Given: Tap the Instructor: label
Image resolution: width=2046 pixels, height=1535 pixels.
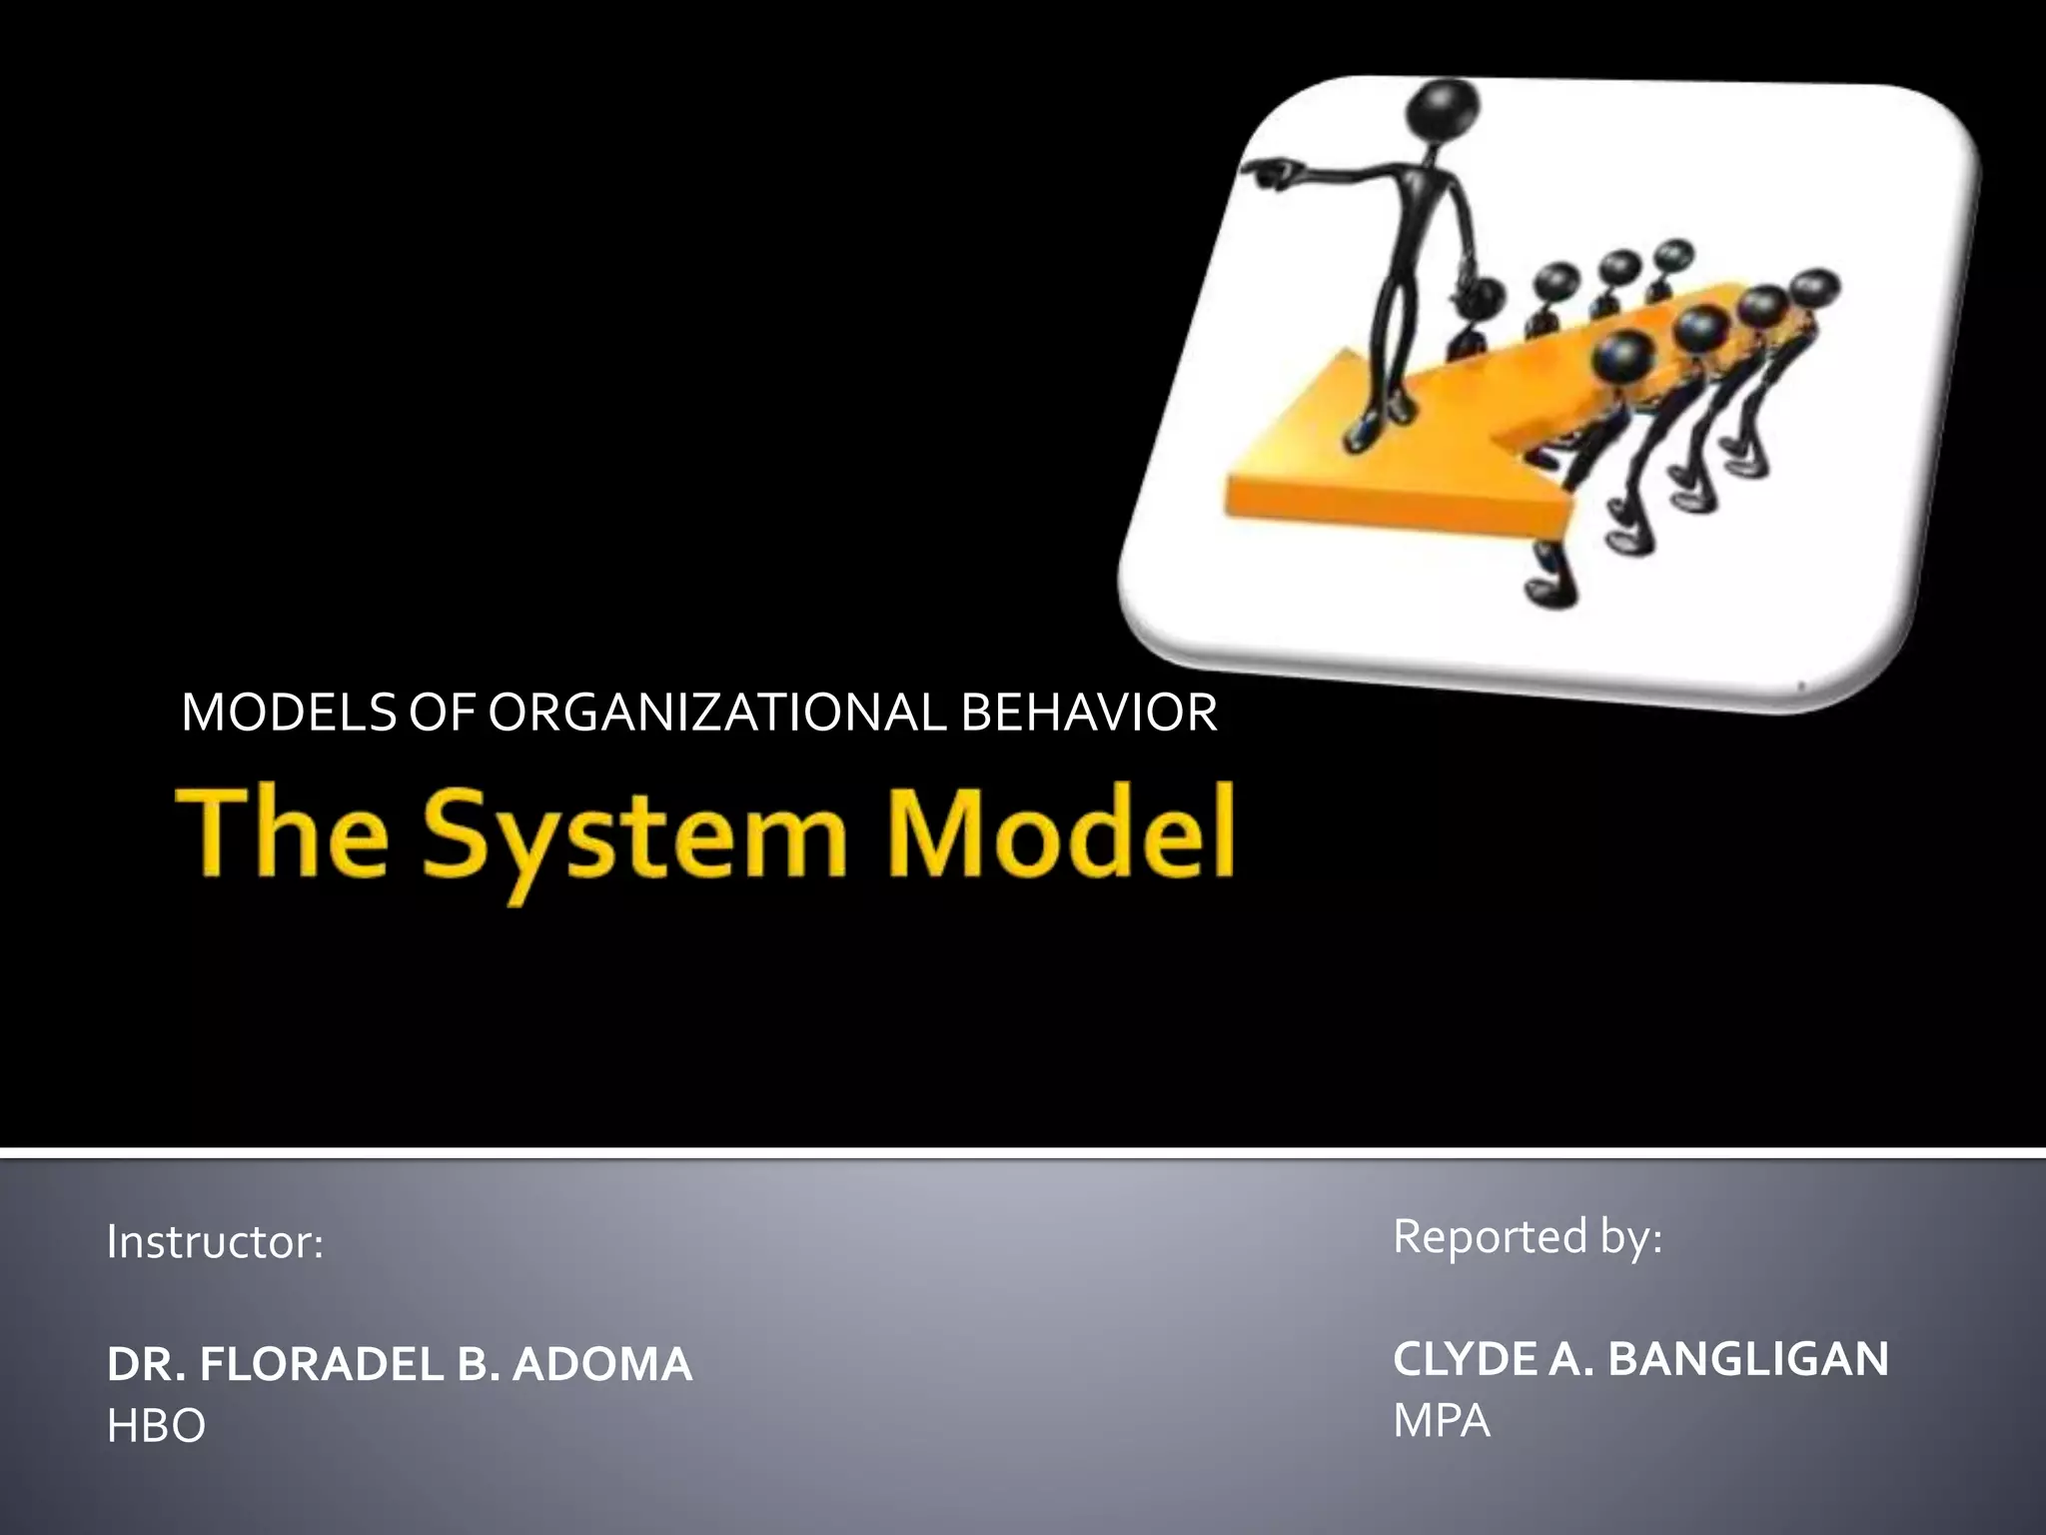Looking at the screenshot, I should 215,1242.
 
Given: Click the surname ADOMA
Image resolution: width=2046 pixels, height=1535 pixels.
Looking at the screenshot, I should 601,1364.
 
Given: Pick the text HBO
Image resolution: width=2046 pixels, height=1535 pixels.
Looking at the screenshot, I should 156,1426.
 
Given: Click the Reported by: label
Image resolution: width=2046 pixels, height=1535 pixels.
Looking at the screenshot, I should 1528,1237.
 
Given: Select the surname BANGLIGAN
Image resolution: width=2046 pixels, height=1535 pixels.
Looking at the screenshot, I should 1748,1359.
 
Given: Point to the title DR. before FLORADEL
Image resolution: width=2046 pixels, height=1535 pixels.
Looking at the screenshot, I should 144,1364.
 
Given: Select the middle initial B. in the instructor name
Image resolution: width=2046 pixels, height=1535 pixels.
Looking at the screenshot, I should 475,1364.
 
